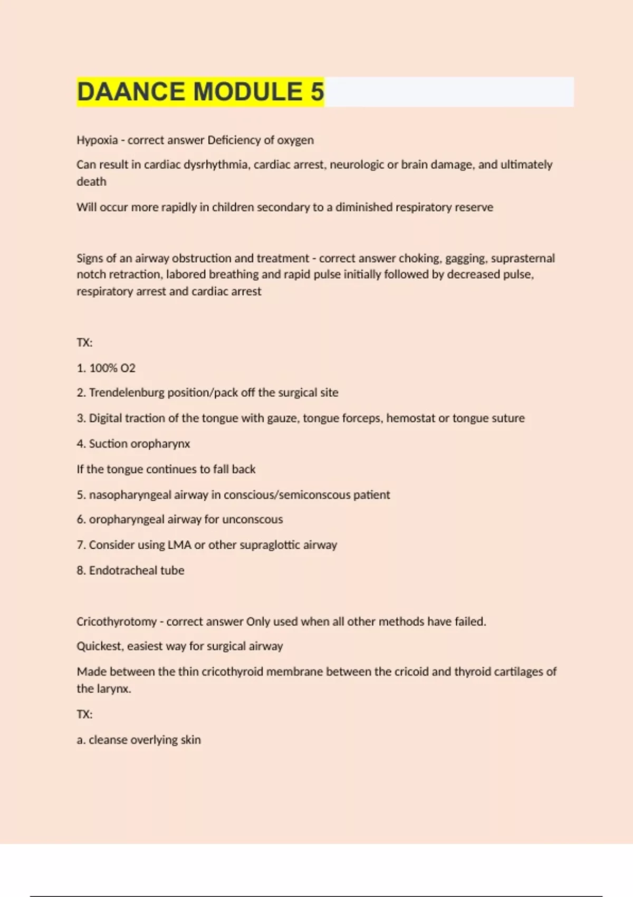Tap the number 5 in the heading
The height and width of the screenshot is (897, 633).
(x=317, y=92)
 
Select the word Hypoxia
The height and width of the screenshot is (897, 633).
(x=97, y=140)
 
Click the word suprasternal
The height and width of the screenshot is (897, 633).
(x=523, y=259)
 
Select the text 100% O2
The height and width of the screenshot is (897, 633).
(x=112, y=368)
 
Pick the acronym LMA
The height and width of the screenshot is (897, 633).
(x=179, y=545)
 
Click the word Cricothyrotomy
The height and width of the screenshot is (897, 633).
(x=117, y=622)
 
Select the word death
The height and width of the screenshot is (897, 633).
(x=91, y=182)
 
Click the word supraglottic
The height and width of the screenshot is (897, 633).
(x=270, y=545)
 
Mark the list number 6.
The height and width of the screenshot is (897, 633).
(x=81, y=520)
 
